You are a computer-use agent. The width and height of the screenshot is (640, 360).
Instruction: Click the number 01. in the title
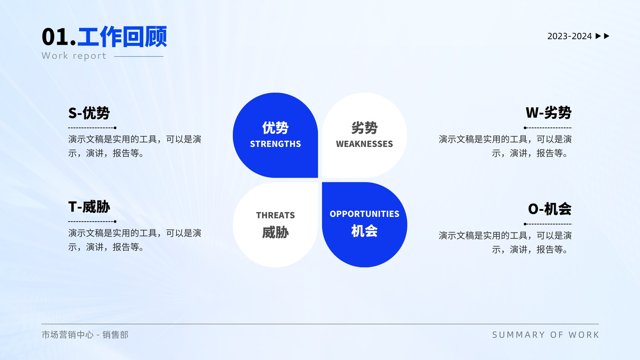(x=59, y=37)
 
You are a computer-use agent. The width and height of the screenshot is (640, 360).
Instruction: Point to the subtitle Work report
(x=74, y=56)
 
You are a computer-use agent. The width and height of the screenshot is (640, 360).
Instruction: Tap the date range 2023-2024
(x=570, y=36)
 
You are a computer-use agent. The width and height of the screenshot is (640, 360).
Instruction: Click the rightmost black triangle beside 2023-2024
(x=606, y=36)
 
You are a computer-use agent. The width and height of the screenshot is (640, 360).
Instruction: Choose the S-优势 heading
(x=89, y=113)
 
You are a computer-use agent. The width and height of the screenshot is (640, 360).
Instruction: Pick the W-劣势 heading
(x=548, y=112)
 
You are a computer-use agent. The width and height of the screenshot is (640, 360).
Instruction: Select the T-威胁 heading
(x=89, y=207)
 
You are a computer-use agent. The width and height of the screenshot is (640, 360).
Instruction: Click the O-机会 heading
(x=550, y=209)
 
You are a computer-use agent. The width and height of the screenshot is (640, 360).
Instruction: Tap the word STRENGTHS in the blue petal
(x=276, y=144)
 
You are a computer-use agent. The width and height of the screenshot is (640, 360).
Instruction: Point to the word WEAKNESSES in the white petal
(x=364, y=144)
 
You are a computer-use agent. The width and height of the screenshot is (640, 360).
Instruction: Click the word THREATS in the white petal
(x=276, y=215)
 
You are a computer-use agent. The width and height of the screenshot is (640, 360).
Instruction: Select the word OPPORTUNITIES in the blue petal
(x=364, y=214)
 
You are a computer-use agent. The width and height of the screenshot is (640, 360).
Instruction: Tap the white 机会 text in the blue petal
(x=364, y=231)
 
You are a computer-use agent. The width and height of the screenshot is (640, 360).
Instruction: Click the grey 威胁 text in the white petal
(x=276, y=232)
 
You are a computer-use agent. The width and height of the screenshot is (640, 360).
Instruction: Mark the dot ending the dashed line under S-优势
(x=115, y=128)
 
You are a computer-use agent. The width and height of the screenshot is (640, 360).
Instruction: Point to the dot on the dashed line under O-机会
(x=525, y=224)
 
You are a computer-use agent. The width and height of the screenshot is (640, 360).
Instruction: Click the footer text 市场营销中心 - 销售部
(x=85, y=334)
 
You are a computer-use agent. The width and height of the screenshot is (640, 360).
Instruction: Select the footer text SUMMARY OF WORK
(x=546, y=334)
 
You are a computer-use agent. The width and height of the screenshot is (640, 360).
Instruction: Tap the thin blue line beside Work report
(x=139, y=56)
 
